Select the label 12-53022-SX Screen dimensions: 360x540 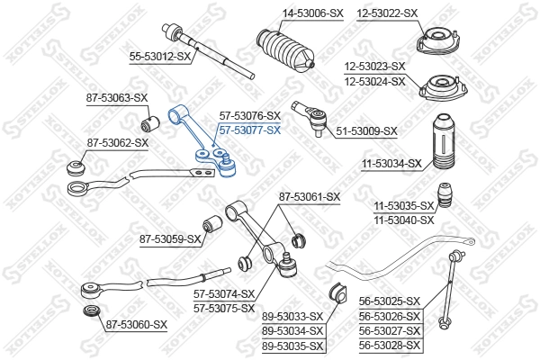point(387,13)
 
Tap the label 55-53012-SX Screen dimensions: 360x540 point(161,56)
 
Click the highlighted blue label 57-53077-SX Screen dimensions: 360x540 point(250,130)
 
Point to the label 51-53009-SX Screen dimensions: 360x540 point(366,131)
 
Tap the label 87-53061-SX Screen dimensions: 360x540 point(310,196)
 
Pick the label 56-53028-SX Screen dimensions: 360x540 point(390,345)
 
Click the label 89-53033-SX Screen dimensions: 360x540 point(292,316)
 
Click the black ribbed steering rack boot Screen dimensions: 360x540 point(285,54)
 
